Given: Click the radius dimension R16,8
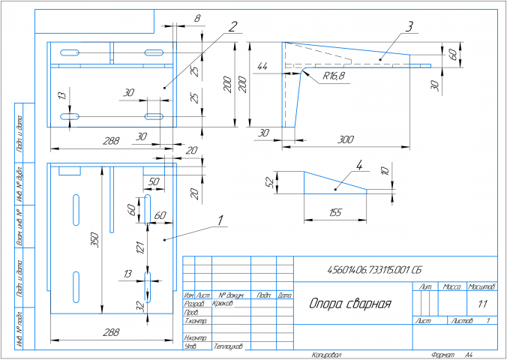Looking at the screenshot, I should pyautogui.click(x=334, y=76).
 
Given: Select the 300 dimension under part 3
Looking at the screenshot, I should pyautogui.click(x=346, y=139).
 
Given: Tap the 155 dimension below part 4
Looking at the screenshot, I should pyautogui.click(x=334, y=213).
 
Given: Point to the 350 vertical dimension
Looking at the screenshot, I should pyautogui.click(x=94, y=240).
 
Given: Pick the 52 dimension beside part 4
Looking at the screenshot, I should pyautogui.click(x=268, y=181).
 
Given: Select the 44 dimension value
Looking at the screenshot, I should pyautogui.click(x=262, y=67).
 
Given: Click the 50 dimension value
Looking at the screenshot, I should pyautogui.click(x=154, y=182).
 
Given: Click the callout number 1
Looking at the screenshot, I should pyautogui.click(x=219, y=220).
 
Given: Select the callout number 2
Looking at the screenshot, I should pyautogui.click(x=233, y=26).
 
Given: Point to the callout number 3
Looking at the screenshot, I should pyautogui.click(x=409, y=26).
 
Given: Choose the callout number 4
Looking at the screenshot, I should pyautogui.click(x=359, y=165).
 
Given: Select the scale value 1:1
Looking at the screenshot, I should pyautogui.click(x=480, y=304).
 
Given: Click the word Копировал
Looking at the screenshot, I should pyautogui.click(x=326, y=354).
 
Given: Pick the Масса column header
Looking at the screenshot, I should pyautogui.click(x=452, y=286).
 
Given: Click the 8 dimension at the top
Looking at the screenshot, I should pyautogui.click(x=196, y=17).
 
